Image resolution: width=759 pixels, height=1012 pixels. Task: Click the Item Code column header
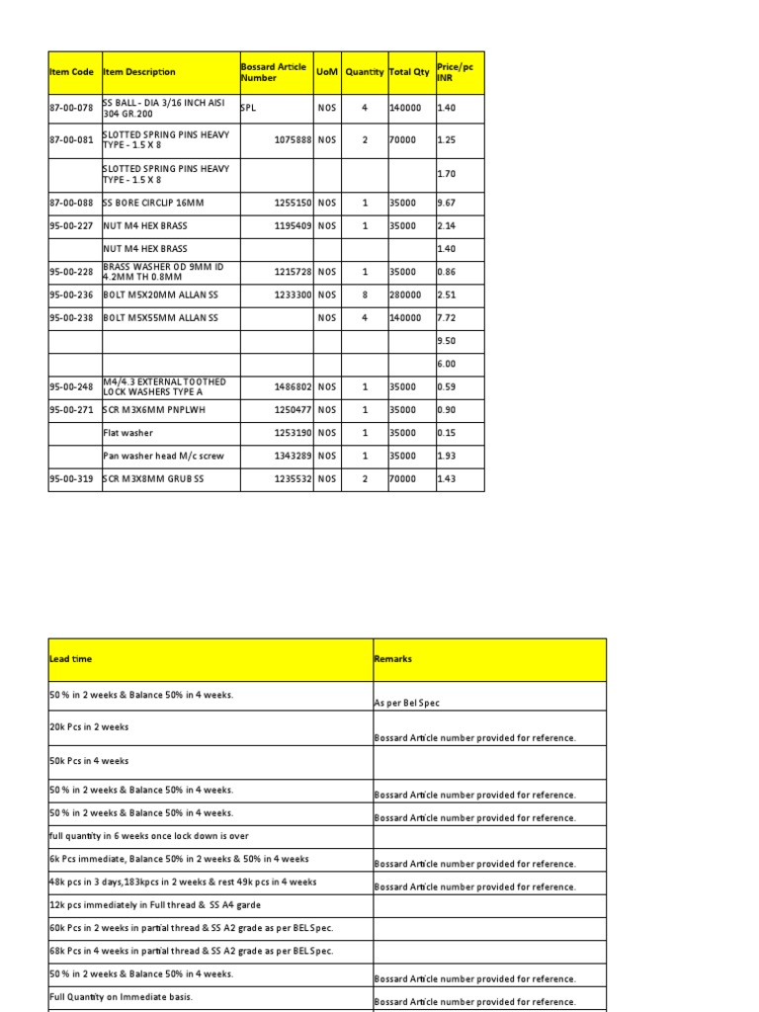[72, 72]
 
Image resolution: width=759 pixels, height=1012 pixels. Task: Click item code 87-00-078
[72, 108]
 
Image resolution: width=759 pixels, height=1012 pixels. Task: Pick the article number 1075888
[293, 140]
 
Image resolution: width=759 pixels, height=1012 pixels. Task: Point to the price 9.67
[447, 203]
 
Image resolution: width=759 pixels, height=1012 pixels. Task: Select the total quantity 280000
[405, 295]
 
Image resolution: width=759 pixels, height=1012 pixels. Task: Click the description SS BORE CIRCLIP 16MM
[145, 203]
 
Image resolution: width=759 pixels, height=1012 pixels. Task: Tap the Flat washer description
[128, 433]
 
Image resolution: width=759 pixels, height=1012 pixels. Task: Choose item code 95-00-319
[72, 478]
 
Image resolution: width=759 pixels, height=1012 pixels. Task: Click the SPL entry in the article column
[248, 108]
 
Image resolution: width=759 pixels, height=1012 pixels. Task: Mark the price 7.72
[447, 318]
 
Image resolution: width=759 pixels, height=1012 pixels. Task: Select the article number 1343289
[293, 456]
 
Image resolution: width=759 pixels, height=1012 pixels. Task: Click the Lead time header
[71, 658]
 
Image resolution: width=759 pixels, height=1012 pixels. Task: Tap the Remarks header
[393, 658]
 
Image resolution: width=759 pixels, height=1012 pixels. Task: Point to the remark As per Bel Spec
[407, 703]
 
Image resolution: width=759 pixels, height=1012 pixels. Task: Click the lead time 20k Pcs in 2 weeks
[89, 726]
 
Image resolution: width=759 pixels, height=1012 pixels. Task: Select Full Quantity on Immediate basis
[121, 997]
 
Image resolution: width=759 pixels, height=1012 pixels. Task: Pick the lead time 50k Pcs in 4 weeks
[89, 761]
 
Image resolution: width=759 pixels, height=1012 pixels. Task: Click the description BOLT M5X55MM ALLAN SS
[159, 318]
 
